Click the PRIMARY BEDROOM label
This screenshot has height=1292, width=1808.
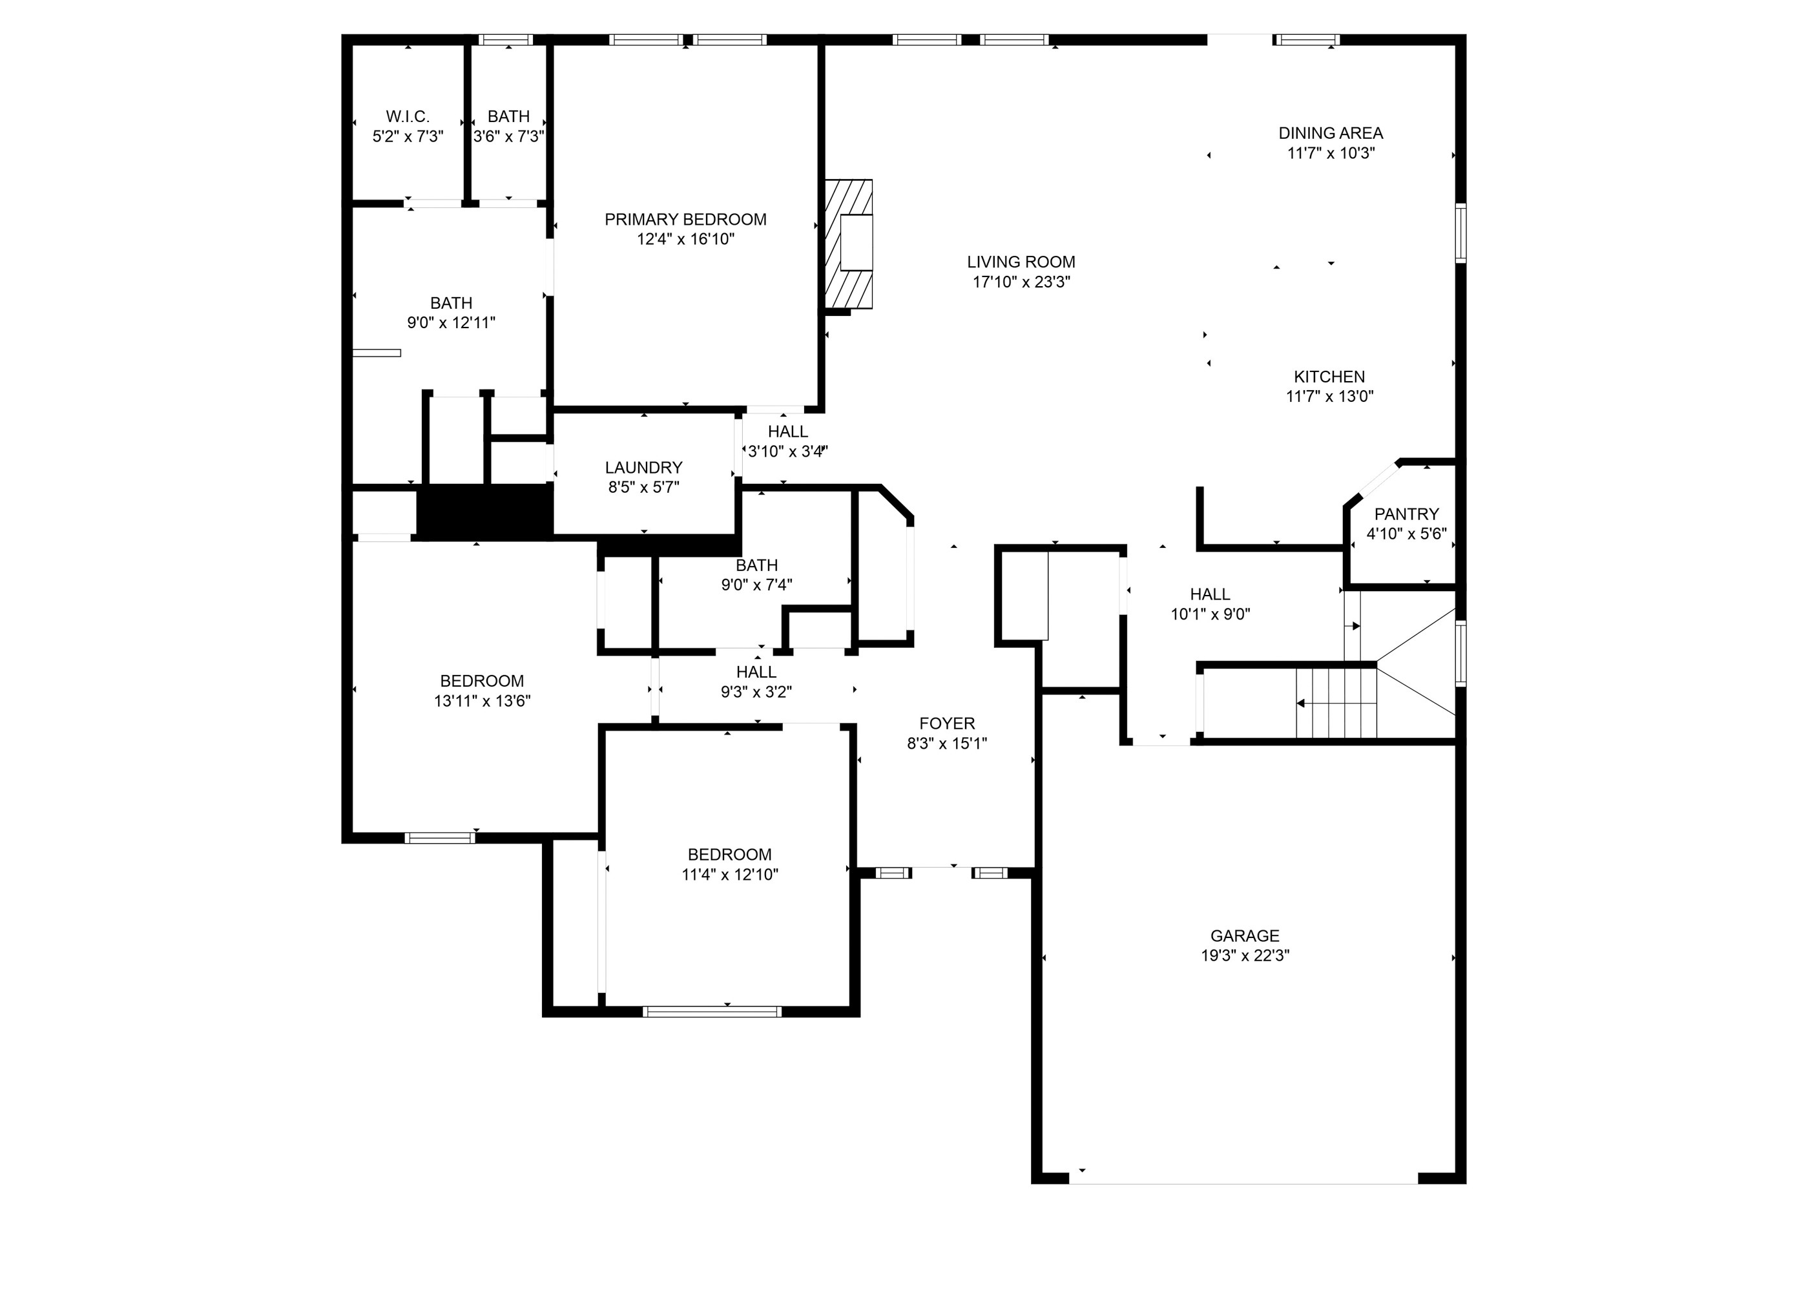pos(685,220)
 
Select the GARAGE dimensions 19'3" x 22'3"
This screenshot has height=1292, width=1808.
pos(1244,955)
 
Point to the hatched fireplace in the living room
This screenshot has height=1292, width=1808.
pos(848,244)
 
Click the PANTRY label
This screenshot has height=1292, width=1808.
pos(1406,514)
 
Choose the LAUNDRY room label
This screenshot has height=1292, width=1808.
pos(643,468)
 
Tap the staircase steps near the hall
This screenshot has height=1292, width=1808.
pos(1336,703)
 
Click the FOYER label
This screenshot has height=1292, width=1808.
pos(946,723)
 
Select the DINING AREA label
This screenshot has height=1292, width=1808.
pos(1330,133)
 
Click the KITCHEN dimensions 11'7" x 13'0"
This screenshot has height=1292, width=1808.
pos(1329,396)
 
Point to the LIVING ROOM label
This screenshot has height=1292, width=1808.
pos(1021,262)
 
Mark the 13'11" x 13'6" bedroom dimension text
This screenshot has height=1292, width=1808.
pos(482,701)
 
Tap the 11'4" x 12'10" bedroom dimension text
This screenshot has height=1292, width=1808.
pos(729,874)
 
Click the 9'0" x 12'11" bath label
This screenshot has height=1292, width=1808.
pos(451,303)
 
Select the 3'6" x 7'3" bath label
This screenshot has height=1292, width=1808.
pos(508,116)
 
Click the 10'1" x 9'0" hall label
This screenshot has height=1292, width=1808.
pos(1210,594)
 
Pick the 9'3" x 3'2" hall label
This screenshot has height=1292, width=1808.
pos(756,672)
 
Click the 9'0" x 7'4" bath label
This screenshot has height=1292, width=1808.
pos(756,566)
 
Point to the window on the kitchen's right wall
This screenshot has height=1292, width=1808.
pos(1460,233)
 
